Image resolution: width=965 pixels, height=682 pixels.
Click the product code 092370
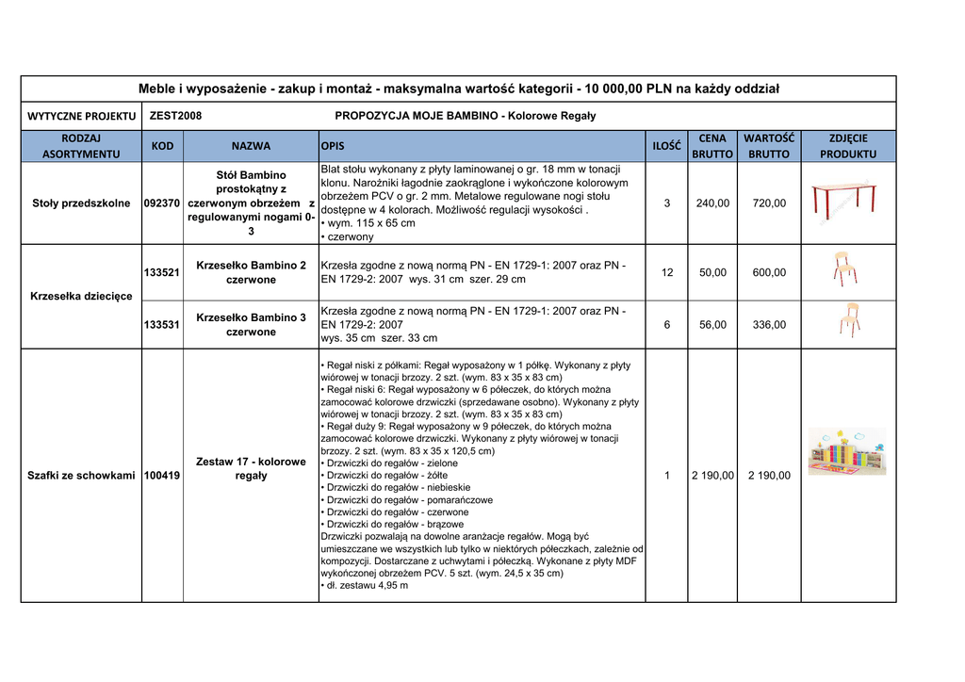pyautogui.click(x=162, y=203)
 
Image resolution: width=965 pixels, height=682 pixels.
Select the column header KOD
pyautogui.click(x=162, y=146)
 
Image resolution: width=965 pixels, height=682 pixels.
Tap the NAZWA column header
pyautogui.click(x=251, y=146)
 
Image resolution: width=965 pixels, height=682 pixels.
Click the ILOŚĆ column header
pyautogui.click(x=666, y=146)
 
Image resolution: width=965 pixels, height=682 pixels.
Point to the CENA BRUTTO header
pyautogui.click(x=712, y=146)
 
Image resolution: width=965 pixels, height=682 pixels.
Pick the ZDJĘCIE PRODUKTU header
pyautogui.click(x=847, y=146)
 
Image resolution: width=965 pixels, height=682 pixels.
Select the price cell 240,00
pyautogui.click(x=712, y=203)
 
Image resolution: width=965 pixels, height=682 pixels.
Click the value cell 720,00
pyautogui.click(x=769, y=203)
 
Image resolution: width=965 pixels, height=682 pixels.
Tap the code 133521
pyautogui.click(x=162, y=272)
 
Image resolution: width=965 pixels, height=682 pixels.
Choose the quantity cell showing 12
pyautogui.click(x=667, y=272)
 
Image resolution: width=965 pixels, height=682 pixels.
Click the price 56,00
pyautogui.click(x=712, y=325)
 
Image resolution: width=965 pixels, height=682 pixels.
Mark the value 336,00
pyautogui.click(x=769, y=325)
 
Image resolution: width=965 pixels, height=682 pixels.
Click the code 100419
pyautogui.click(x=162, y=476)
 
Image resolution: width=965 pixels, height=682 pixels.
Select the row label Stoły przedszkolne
pyautogui.click(x=81, y=203)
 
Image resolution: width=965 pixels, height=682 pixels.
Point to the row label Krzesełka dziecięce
pyautogui.click(x=81, y=297)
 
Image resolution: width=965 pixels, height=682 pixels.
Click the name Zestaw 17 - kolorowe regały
pyautogui.click(x=251, y=469)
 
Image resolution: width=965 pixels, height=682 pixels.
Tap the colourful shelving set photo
pyautogui.click(x=847, y=451)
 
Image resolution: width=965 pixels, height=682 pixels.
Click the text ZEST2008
pyautogui.click(x=176, y=116)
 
